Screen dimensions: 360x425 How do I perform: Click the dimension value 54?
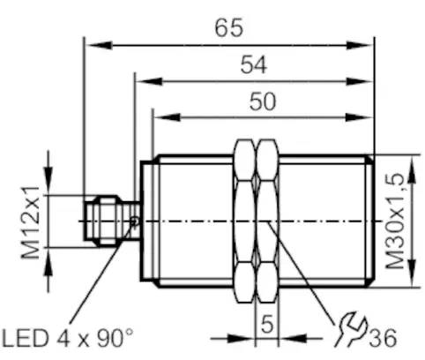click(254, 64)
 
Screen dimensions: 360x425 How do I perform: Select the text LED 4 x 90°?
click(68, 337)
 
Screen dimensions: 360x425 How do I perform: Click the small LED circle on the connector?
click(134, 221)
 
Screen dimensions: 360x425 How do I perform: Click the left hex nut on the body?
click(244, 221)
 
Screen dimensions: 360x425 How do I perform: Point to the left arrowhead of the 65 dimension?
click(91, 41)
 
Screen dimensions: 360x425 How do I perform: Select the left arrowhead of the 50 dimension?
click(160, 115)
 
